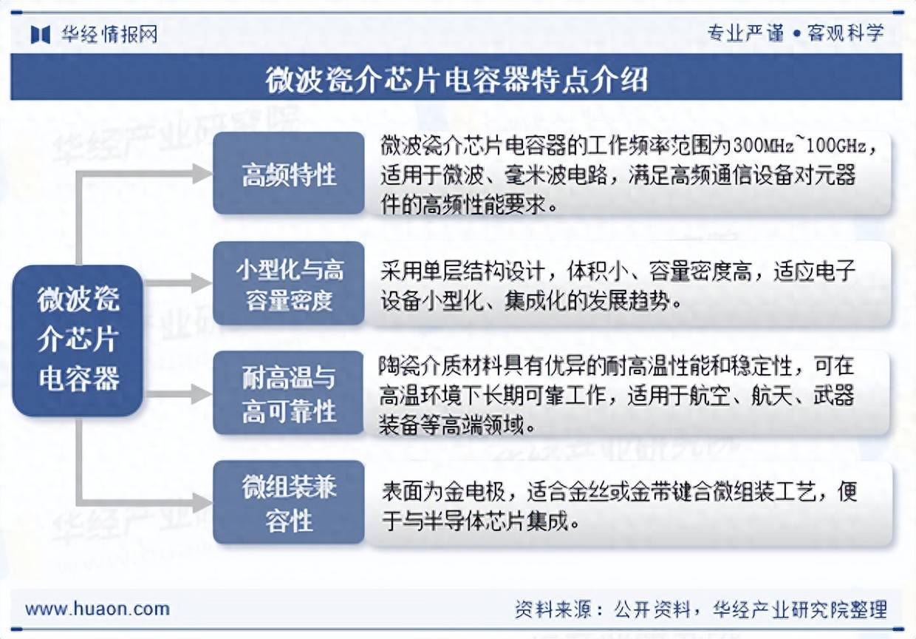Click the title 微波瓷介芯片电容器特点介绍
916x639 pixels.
pos(457,79)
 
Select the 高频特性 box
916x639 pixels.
pos(289,175)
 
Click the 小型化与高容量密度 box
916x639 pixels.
pos(289,285)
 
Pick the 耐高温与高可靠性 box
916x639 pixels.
pos(289,394)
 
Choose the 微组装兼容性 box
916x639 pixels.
pos(289,503)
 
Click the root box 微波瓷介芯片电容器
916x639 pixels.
pos(78,340)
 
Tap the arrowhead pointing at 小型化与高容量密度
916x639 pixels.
pos(202,283)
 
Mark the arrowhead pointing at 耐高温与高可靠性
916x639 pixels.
pos(202,394)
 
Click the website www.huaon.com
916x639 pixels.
pos(98,609)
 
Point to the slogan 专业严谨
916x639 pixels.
pos(745,33)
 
